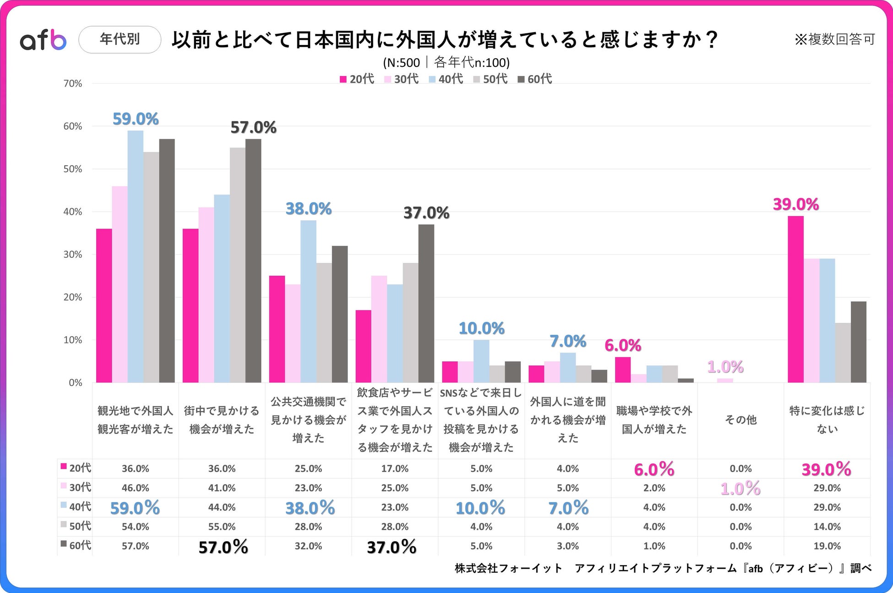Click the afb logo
[x=43, y=40]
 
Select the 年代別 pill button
[x=120, y=40]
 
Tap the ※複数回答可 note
[x=834, y=39]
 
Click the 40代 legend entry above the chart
[x=446, y=79]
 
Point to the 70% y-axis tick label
[x=72, y=84]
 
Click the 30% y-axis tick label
[x=72, y=255]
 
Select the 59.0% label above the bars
[x=136, y=119]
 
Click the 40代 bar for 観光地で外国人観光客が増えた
[x=136, y=256]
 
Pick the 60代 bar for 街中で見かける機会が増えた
[x=253, y=261]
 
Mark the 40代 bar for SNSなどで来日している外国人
[x=481, y=361]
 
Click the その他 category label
[x=741, y=420]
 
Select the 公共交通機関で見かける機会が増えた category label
[x=308, y=420]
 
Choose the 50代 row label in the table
[x=76, y=526]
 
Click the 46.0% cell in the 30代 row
[x=136, y=488]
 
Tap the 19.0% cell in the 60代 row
[x=827, y=546]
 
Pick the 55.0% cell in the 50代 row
[x=222, y=527]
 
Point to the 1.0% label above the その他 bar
[x=725, y=367]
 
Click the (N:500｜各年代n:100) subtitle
[x=446, y=62]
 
